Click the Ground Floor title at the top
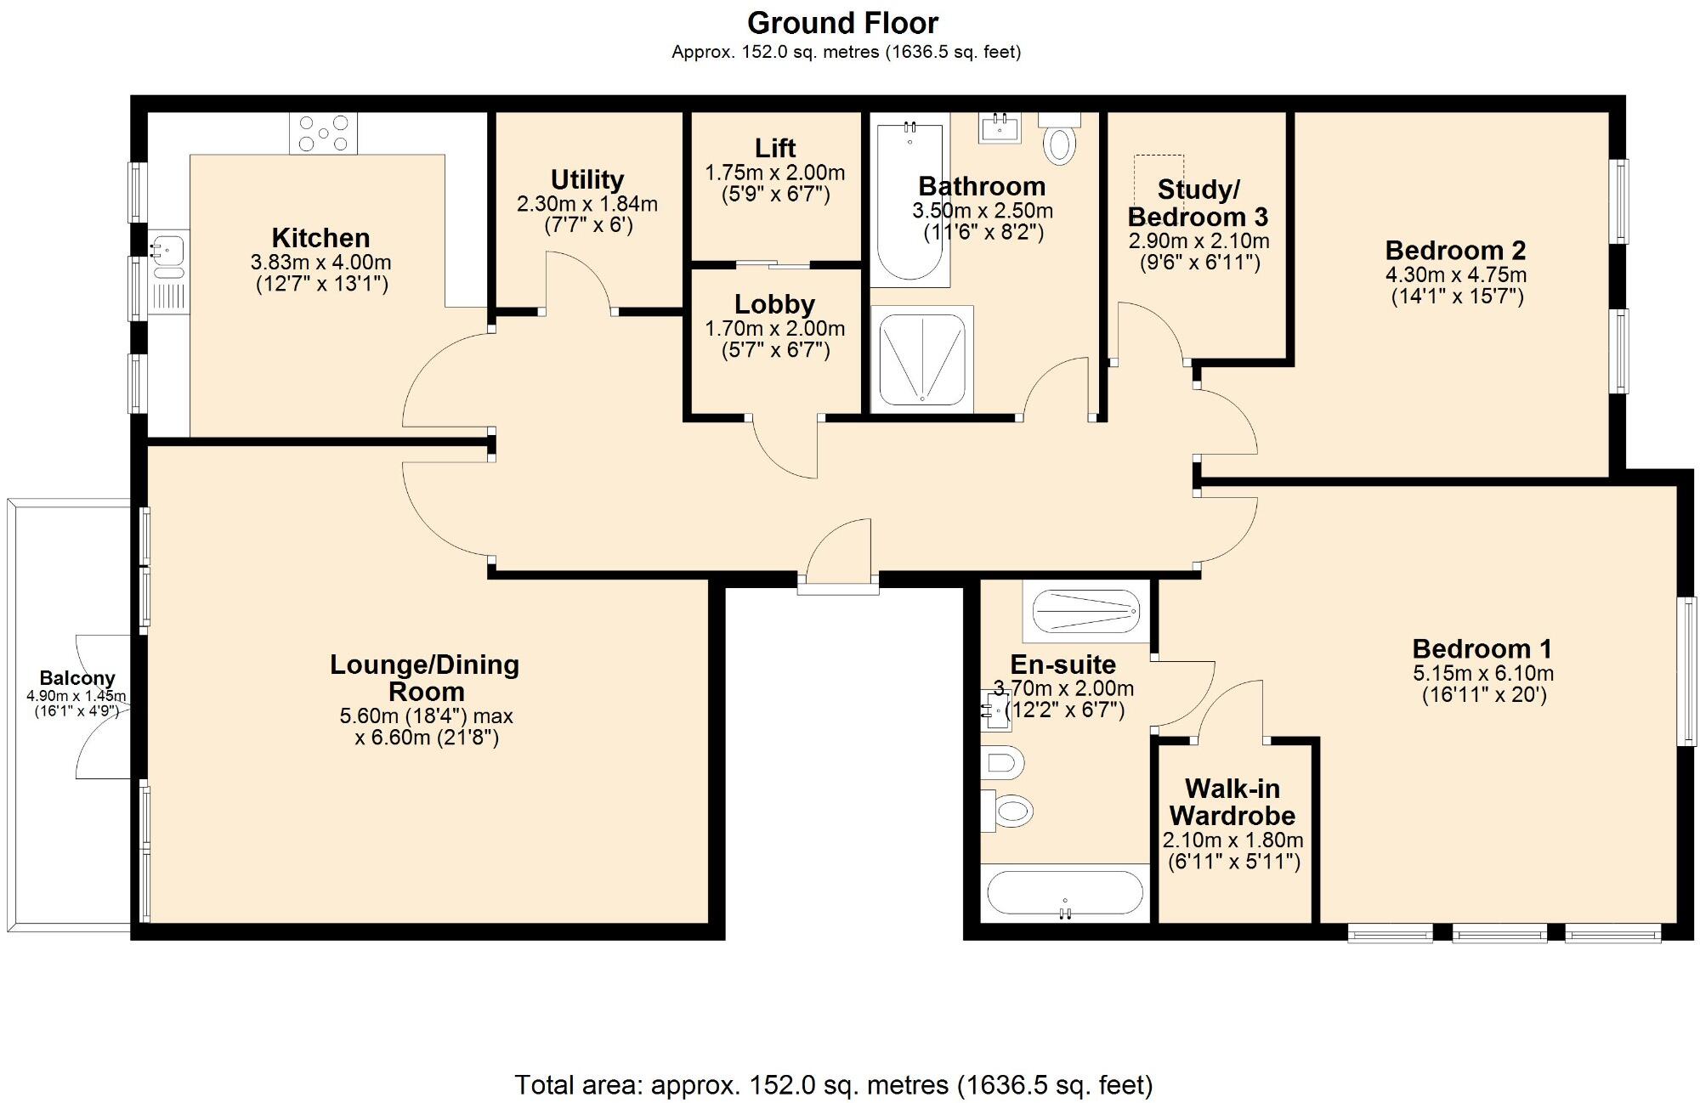click(842, 23)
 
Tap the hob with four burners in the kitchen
click(323, 133)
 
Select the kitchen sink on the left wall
click(167, 248)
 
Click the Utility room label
click(586, 179)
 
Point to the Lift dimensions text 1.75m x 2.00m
click(774, 173)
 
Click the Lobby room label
click(774, 303)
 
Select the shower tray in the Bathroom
click(921, 359)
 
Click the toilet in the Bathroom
click(1059, 139)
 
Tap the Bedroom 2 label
click(1455, 250)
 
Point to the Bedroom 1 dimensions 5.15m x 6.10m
click(1483, 674)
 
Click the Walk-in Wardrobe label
click(1232, 801)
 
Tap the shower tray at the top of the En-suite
click(1085, 611)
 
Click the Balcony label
click(77, 678)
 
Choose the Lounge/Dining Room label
click(425, 677)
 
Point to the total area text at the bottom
click(833, 1084)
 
